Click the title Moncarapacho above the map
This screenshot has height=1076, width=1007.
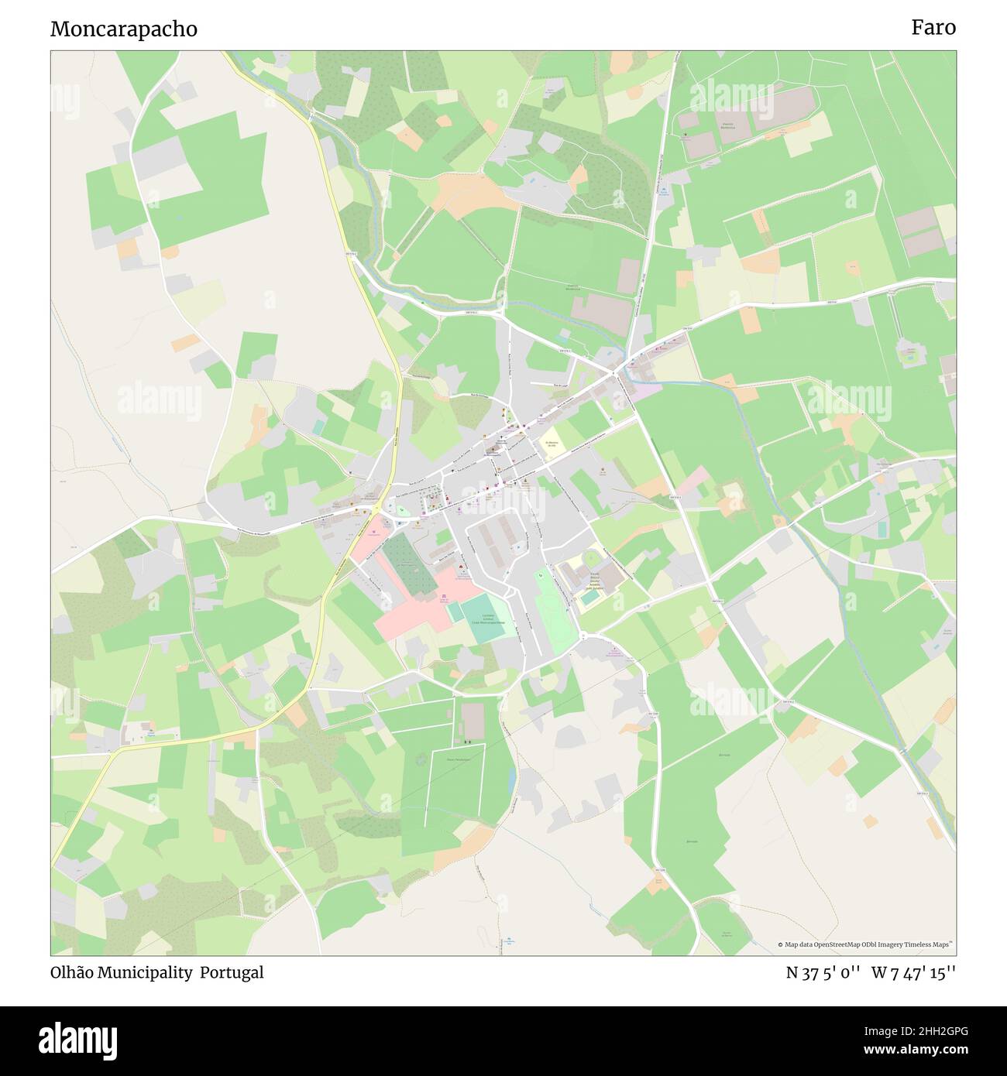(124, 29)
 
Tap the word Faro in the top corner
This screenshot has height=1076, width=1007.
(933, 28)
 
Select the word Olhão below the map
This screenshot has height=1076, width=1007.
(72, 973)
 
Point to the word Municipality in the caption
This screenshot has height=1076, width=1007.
(145, 973)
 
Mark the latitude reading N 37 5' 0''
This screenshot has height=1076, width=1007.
(823, 973)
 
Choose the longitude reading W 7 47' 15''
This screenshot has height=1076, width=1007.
(913, 973)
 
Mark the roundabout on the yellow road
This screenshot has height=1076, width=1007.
(376, 511)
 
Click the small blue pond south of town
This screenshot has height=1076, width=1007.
(512, 783)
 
